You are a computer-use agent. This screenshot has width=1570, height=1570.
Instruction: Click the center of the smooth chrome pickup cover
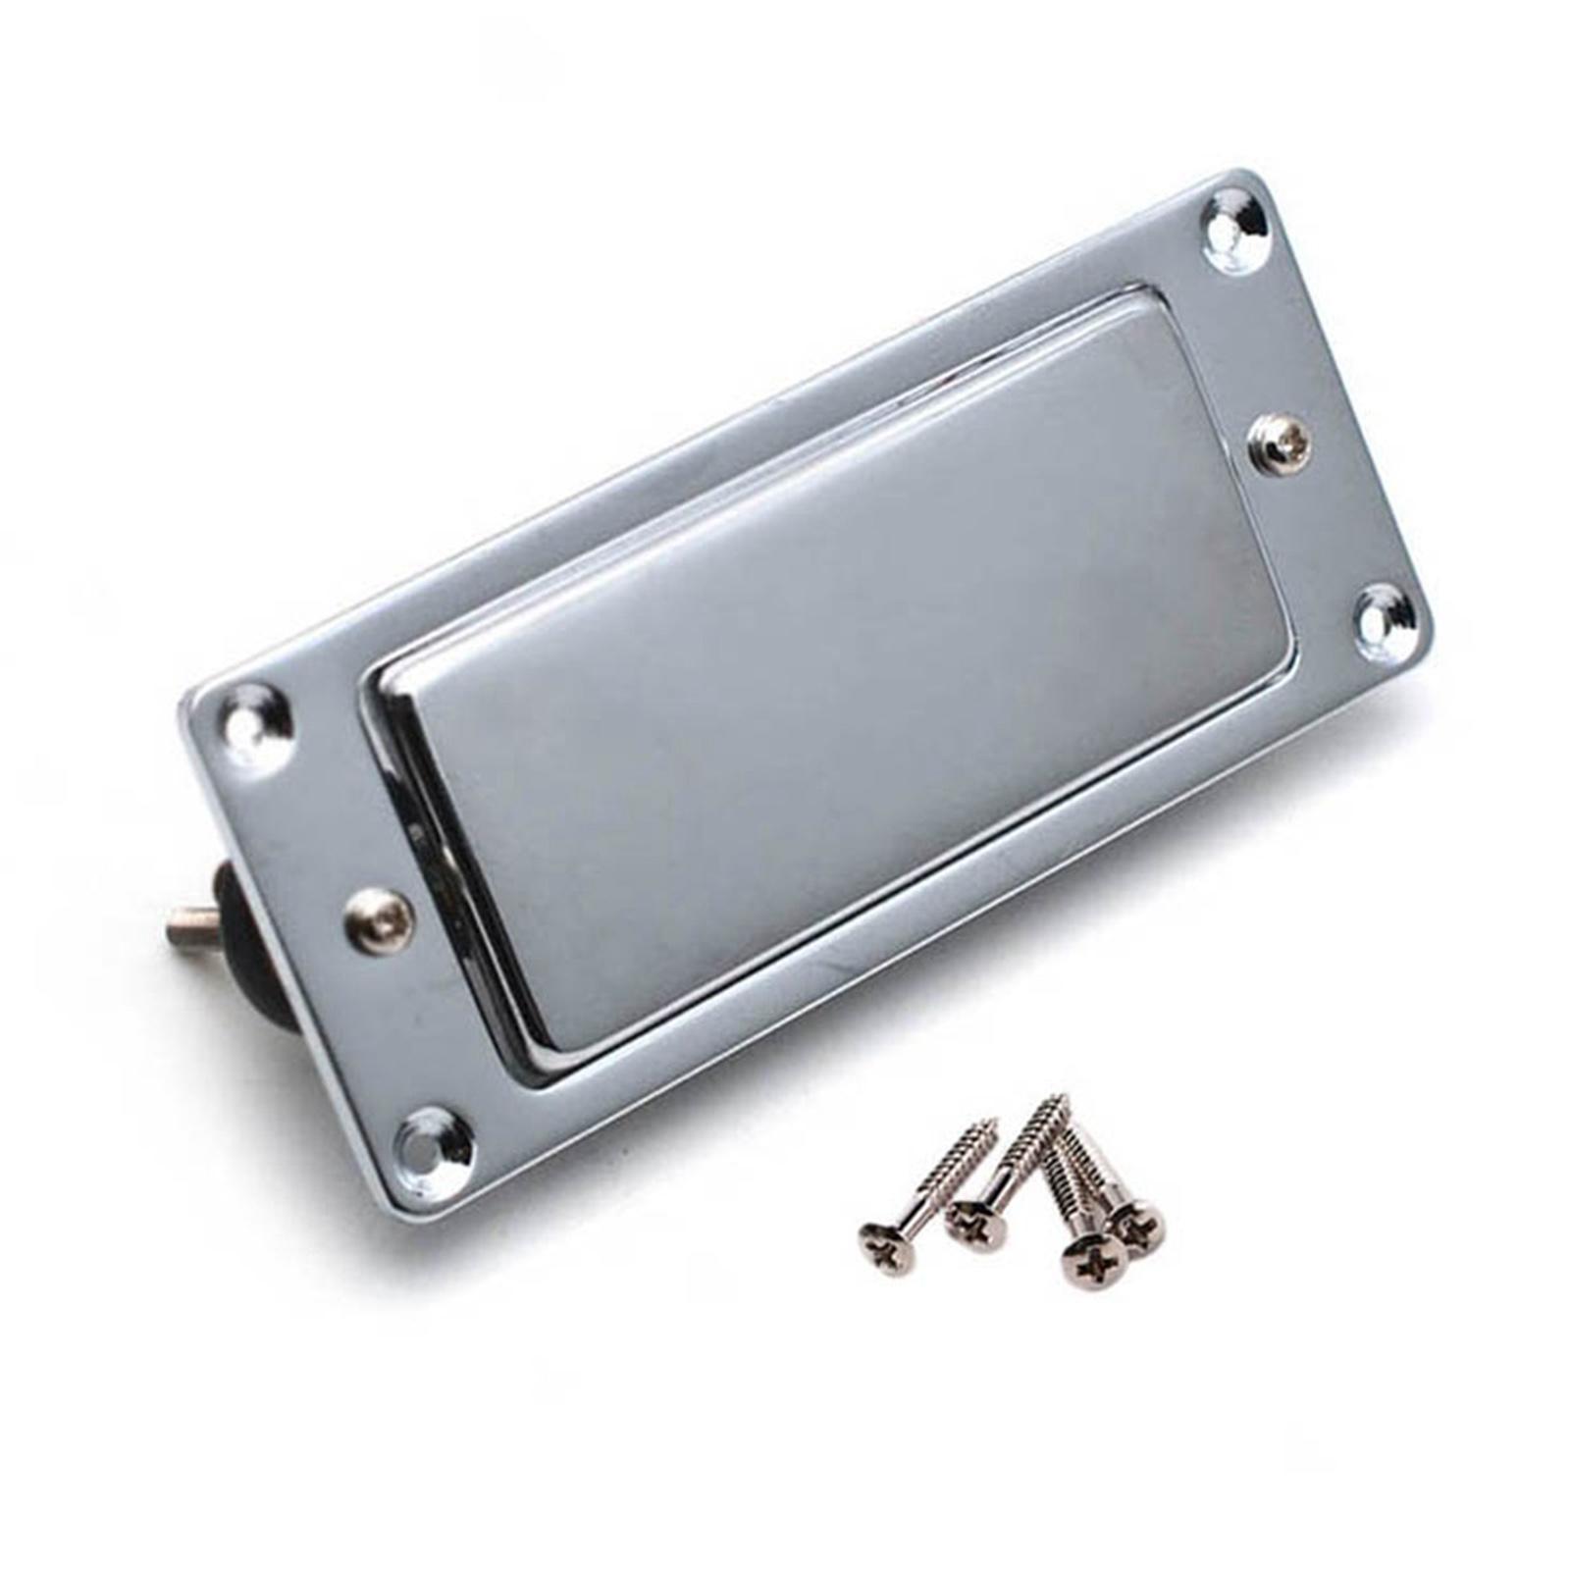click(x=824, y=677)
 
